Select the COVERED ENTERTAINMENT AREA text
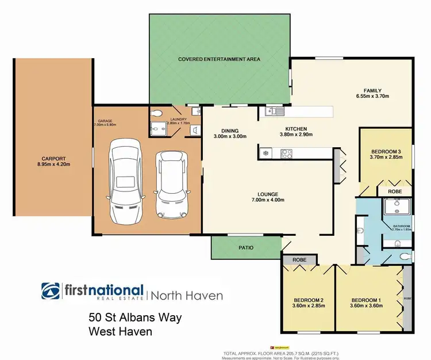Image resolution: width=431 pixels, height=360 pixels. click(x=220, y=59)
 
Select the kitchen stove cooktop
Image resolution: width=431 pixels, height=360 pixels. click(x=287, y=154)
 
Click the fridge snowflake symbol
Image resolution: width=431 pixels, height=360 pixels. click(x=265, y=152)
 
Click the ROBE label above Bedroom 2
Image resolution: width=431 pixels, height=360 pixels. click(x=299, y=260)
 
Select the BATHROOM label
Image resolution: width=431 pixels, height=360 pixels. click(x=401, y=226)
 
